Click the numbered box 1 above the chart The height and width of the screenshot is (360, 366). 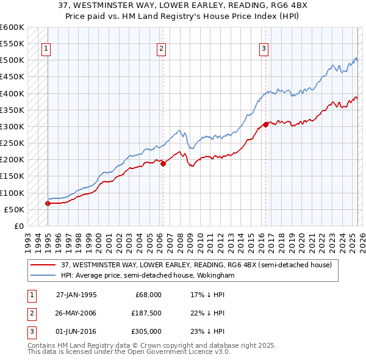tap(46, 49)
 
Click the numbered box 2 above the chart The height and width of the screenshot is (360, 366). tap(161, 49)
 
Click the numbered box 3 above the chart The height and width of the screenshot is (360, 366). tap(264, 49)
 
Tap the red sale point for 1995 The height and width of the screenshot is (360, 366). tap(48, 204)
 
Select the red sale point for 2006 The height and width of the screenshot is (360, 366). tap(163, 164)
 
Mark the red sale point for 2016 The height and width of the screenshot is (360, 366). tap(266, 125)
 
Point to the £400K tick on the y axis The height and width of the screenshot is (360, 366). tap(12, 93)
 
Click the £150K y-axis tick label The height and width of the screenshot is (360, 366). tap(12, 176)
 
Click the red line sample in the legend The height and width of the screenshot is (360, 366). tap(42, 265)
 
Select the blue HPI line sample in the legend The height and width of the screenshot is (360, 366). tap(42, 276)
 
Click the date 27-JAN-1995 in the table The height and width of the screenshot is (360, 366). tap(76, 295)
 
